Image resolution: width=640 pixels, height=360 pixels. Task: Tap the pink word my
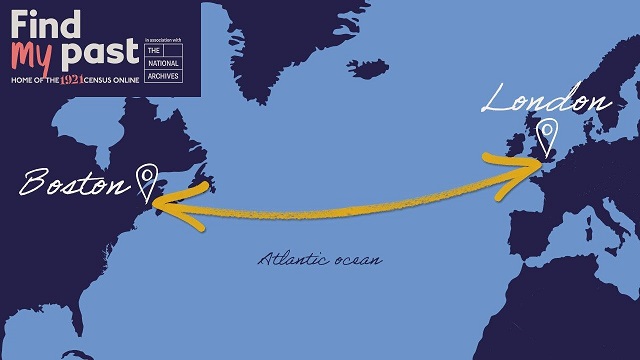point(33,52)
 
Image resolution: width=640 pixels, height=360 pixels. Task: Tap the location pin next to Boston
point(148,180)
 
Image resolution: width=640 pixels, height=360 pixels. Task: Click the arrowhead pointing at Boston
point(162,207)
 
